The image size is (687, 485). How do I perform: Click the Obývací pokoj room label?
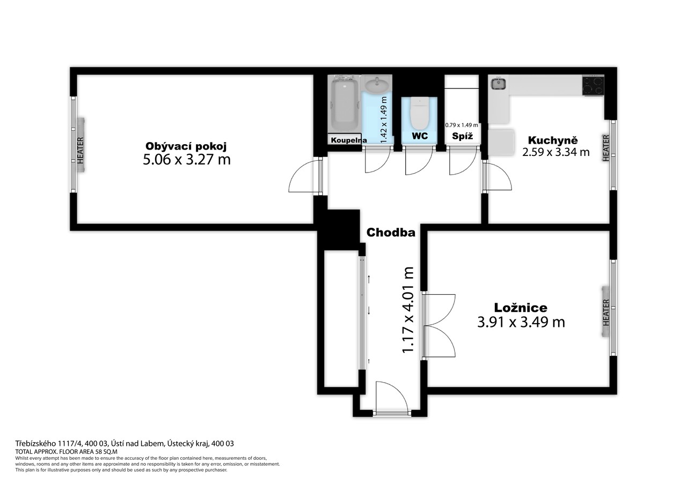(x=186, y=147)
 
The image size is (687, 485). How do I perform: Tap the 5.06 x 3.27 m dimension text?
(x=187, y=160)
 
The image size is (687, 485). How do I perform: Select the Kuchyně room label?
(x=553, y=140)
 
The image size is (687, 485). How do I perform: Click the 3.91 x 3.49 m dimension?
(x=521, y=322)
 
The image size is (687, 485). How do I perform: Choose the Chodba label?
(x=391, y=233)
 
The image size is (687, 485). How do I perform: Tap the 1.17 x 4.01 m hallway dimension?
(x=408, y=310)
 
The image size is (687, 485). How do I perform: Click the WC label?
(x=420, y=136)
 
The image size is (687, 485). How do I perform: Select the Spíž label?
(x=463, y=136)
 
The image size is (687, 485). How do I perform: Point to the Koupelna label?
(x=349, y=140)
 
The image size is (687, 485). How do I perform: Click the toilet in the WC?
(x=419, y=113)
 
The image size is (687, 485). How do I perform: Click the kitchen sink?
(x=499, y=84)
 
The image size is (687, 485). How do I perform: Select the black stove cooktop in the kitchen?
(x=593, y=85)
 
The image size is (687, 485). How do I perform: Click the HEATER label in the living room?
(x=81, y=151)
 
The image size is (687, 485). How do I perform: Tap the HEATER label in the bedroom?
(x=606, y=312)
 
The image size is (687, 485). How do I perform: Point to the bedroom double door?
(x=439, y=326)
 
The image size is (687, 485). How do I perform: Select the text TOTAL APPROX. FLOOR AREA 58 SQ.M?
(x=66, y=452)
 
